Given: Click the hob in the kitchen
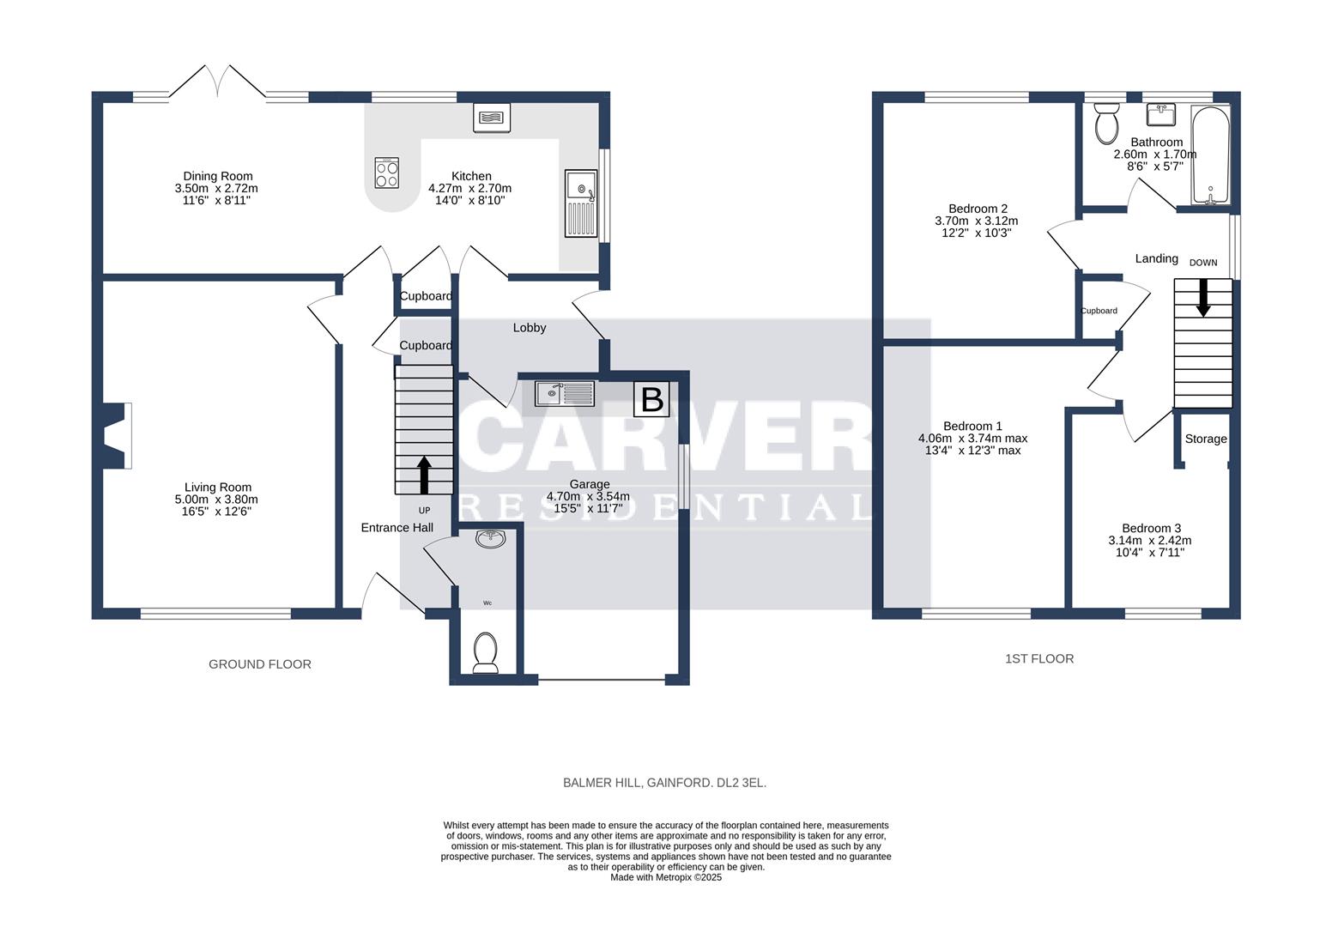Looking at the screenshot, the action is click(386, 173).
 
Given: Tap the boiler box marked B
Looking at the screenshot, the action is click(651, 399).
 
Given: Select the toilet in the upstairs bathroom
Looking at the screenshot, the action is click(1106, 123).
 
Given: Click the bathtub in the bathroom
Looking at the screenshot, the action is click(1210, 154).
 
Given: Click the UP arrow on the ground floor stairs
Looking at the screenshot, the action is click(424, 475).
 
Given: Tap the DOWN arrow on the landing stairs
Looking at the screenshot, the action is click(1203, 297).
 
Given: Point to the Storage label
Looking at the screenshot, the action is click(1206, 439).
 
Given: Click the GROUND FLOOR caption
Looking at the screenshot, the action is click(260, 664).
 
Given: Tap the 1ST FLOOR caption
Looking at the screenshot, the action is click(1039, 659).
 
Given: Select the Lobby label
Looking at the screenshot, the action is click(530, 328).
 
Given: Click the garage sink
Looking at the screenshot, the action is click(565, 394).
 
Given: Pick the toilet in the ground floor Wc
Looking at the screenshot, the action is click(485, 652).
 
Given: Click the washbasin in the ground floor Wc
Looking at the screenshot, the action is click(491, 538).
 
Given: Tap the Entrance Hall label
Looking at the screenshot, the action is click(397, 527).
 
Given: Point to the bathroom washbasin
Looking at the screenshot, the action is click(1160, 115).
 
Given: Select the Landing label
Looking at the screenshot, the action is click(1157, 258).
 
